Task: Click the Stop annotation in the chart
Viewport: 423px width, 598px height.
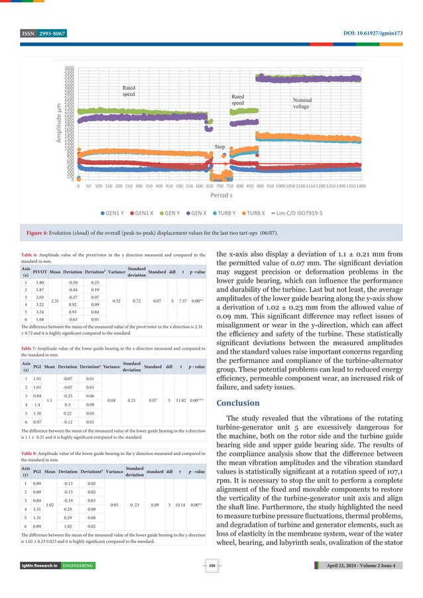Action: click(x=220, y=146)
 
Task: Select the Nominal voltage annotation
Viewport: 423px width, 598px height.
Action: click(x=302, y=103)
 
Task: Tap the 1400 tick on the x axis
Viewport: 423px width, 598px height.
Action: click(x=361, y=187)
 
